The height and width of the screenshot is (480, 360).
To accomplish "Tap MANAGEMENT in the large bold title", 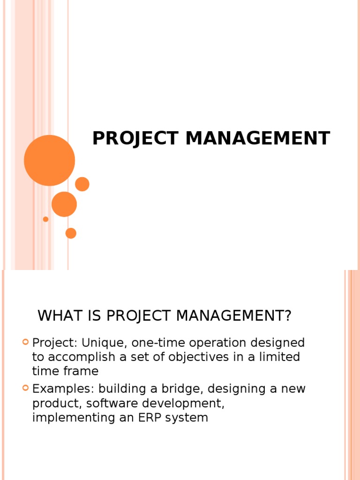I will [x=258, y=139].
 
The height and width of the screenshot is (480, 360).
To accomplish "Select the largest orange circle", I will [x=49, y=160].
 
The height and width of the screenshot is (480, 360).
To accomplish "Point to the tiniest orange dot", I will [x=45, y=219].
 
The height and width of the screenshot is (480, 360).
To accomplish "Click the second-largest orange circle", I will [x=64, y=204].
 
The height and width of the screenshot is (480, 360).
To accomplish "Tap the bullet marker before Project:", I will [x=26, y=343].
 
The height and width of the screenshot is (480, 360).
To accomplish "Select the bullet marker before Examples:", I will [x=26, y=388].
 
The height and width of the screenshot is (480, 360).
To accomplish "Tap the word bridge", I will [x=184, y=389].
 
